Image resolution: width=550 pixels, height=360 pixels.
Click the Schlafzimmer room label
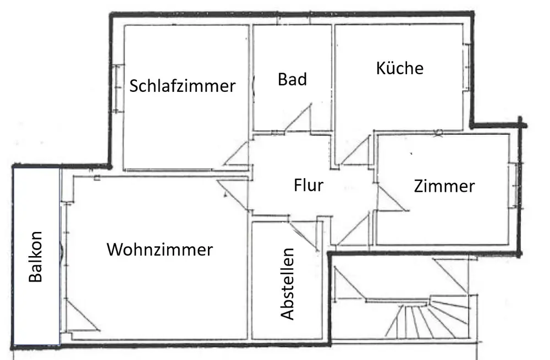[183, 86]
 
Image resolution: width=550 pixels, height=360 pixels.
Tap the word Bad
[292, 79]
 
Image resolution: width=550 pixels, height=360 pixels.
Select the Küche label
[400, 68]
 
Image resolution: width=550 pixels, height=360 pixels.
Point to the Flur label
[308, 185]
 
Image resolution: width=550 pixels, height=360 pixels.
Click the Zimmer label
[444, 186]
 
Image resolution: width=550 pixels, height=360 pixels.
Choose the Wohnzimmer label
[159, 250]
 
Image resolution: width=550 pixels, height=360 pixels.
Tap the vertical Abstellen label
[287, 284]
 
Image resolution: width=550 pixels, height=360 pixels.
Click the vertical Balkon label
[35, 263]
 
